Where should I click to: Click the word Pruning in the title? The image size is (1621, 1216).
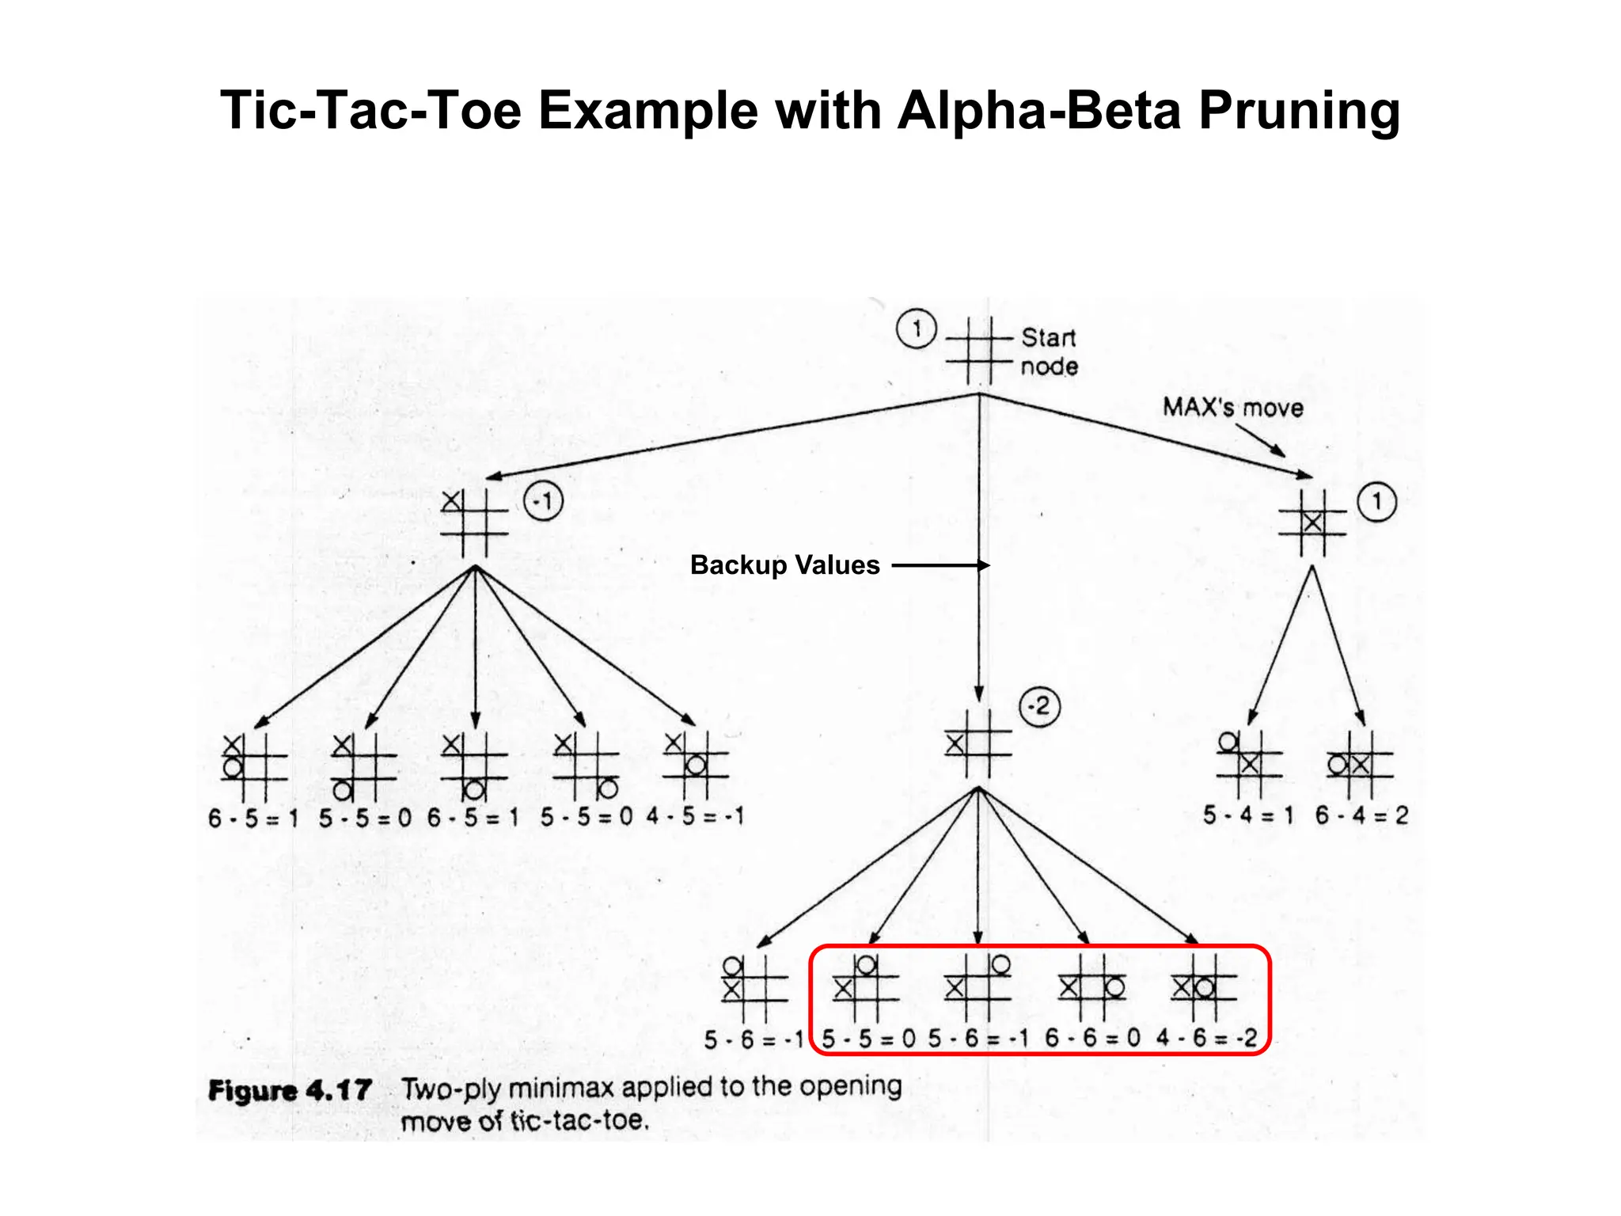point(1299,110)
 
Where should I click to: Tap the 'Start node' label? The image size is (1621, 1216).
point(1049,351)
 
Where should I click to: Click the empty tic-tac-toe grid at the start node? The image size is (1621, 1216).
point(979,350)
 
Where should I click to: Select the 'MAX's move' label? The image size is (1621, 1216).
point(1232,408)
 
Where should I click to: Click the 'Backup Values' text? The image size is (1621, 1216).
point(784,565)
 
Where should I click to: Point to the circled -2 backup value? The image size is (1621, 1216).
point(1039,706)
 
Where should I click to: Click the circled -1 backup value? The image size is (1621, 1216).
point(544,501)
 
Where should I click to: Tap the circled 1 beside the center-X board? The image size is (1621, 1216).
point(1377,502)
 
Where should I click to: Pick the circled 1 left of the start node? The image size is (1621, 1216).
point(916,329)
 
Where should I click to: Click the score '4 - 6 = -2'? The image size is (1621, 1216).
point(1206,1038)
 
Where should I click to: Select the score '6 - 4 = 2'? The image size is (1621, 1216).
point(1361,815)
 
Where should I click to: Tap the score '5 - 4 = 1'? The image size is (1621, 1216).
point(1248,815)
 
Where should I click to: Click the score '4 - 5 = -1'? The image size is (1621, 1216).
point(695,816)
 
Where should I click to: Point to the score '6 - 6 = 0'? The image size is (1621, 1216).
point(1092,1038)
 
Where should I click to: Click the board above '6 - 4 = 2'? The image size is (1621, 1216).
point(1360,765)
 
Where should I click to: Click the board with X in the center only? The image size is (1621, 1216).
point(1312,522)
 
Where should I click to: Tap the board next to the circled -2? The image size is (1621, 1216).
point(978,744)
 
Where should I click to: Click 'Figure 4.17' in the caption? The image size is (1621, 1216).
point(290,1091)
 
